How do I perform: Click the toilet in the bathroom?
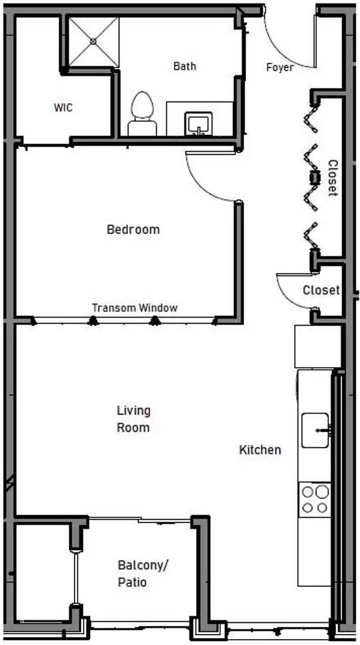(142, 111)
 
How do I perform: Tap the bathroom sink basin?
(197, 124)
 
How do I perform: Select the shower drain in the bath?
(94, 41)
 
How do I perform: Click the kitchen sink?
(315, 429)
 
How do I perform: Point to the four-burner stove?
(315, 499)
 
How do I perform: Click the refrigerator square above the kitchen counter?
(318, 346)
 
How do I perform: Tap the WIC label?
(63, 108)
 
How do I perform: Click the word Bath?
(184, 66)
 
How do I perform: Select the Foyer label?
(279, 67)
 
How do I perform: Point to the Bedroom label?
(133, 229)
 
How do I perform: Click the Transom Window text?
(134, 308)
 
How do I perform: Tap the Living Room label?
(133, 419)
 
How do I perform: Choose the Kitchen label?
(260, 450)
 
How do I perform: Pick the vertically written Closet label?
(333, 178)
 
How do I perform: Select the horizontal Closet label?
(321, 291)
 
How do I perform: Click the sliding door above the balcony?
(140, 520)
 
